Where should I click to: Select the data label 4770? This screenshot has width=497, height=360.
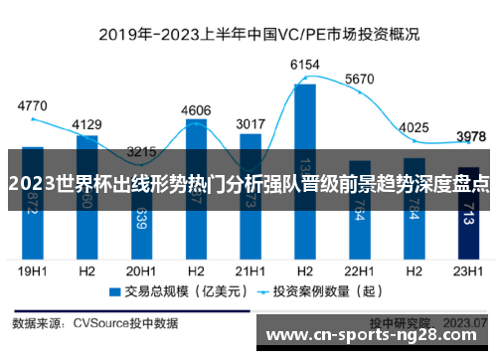click(x=33, y=104)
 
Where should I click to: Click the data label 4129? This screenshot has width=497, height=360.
click(x=87, y=124)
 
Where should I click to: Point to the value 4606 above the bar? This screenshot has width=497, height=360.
click(x=196, y=110)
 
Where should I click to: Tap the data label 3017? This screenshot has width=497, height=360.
click(x=249, y=124)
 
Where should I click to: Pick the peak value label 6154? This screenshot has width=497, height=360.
click(x=304, y=65)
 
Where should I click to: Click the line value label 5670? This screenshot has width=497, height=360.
click(x=359, y=79)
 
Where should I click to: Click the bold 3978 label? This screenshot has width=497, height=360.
click(x=470, y=136)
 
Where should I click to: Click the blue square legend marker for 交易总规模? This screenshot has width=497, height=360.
click(x=114, y=292)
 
